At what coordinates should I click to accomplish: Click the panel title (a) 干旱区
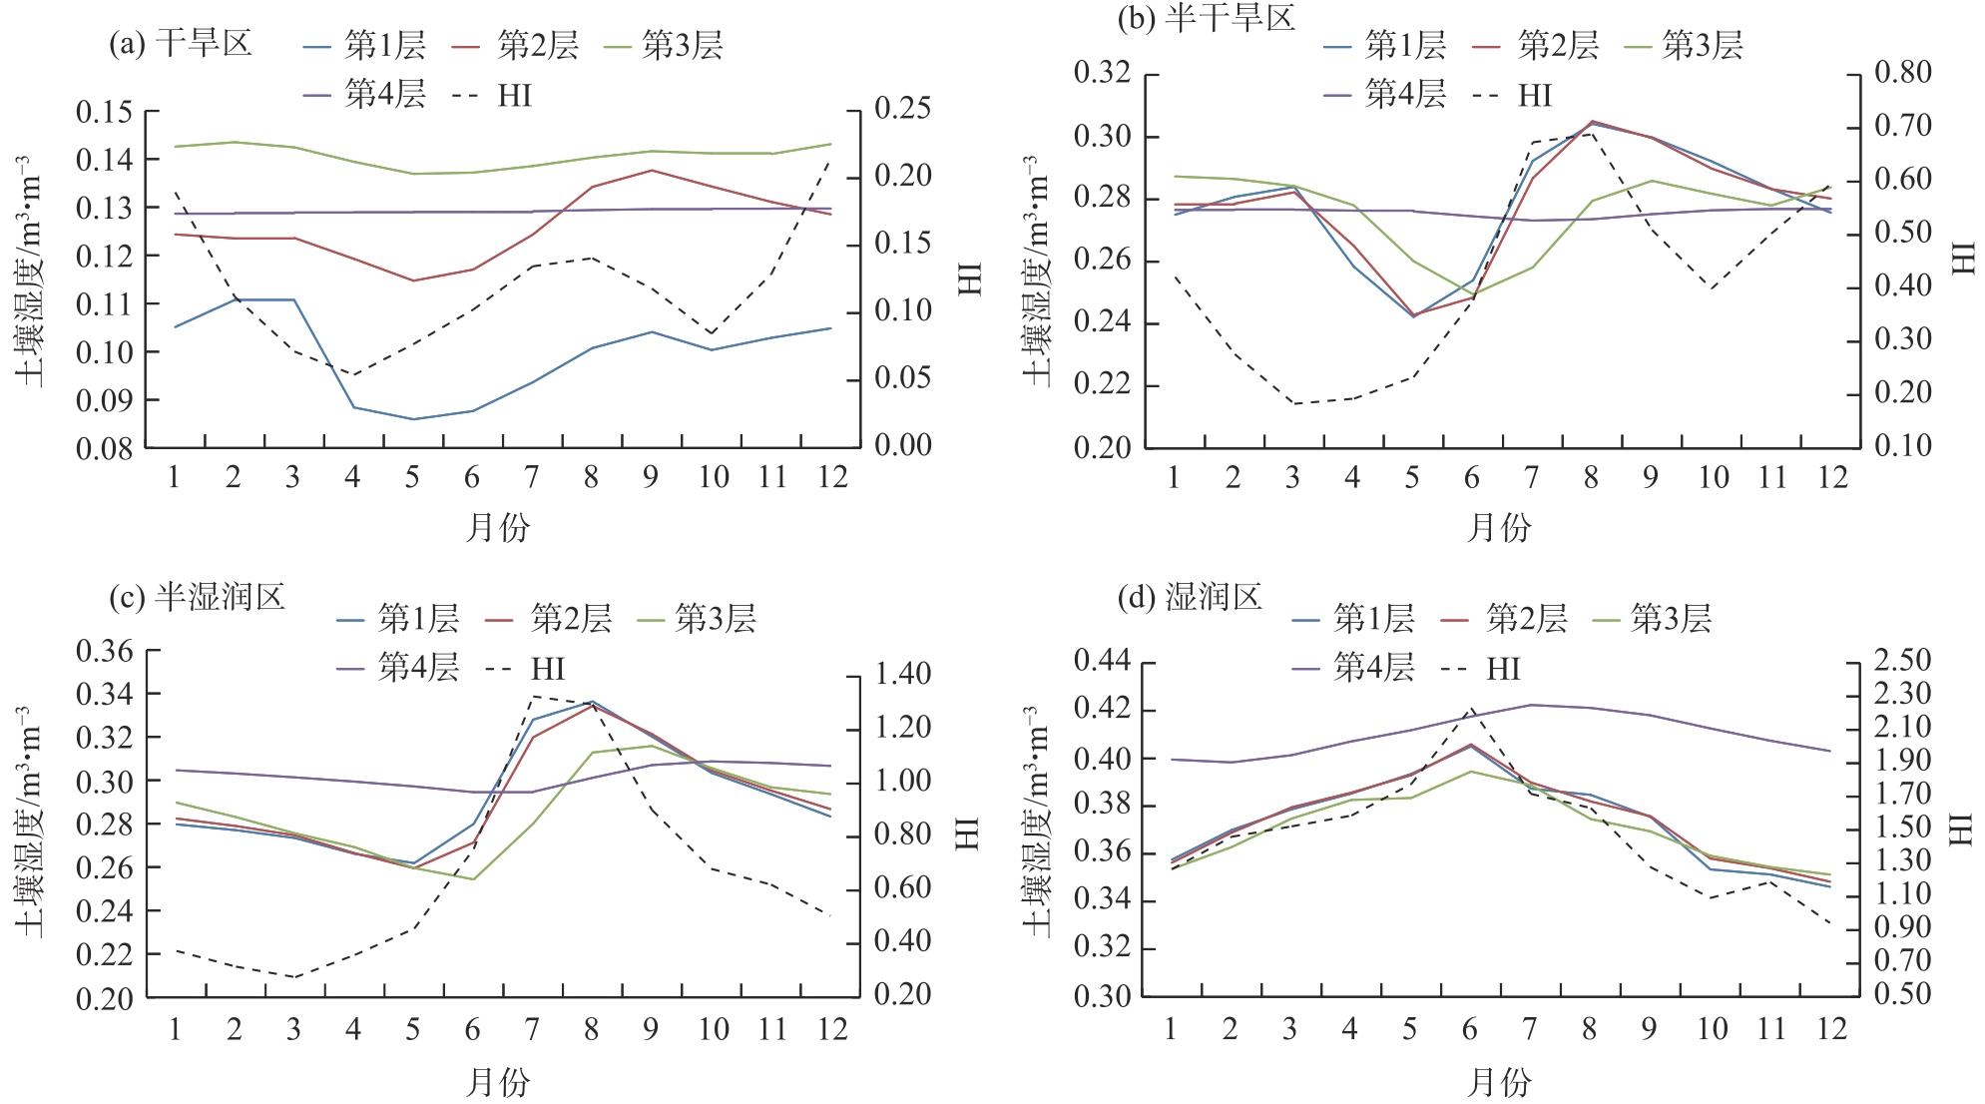181,45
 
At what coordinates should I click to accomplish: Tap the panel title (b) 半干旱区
1206,18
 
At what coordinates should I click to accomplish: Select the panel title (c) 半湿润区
198,597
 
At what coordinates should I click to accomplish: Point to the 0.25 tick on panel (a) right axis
903,109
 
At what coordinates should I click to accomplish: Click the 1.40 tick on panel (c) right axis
903,675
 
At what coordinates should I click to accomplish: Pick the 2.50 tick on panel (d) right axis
1903,661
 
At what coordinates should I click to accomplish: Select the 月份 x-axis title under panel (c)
497,1081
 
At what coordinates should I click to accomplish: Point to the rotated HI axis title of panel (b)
1964,258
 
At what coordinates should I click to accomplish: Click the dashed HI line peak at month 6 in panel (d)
1469,709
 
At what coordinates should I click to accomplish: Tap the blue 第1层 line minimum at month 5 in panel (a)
412,419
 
